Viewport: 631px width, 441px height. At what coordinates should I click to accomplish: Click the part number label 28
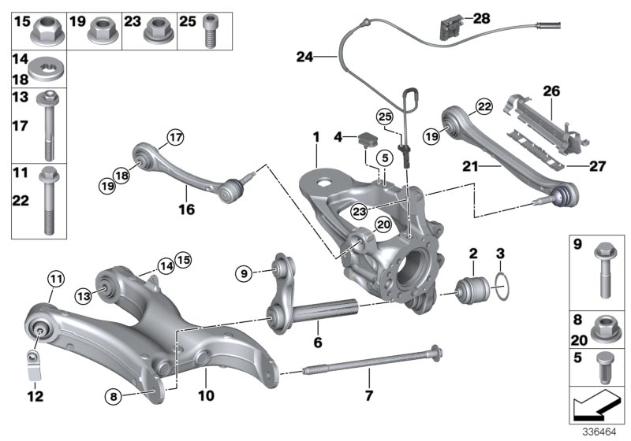click(x=480, y=17)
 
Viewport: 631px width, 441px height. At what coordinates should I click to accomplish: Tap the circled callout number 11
click(x=54, y=277)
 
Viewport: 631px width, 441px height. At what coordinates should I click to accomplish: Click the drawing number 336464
click(x=599, y=431)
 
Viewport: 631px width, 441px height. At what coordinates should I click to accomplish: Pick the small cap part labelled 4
click(x=366, y=140)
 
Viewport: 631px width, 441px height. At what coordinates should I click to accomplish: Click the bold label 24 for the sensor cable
click(x=304, y=57)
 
